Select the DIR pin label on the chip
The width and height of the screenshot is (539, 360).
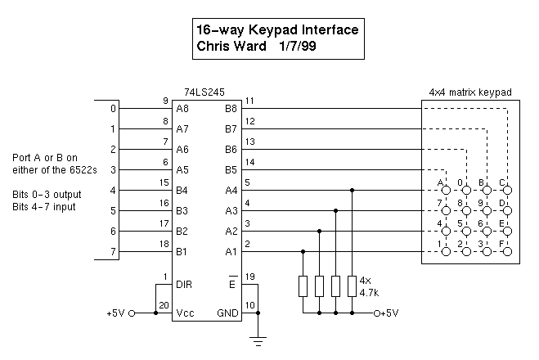(x=185, y=284)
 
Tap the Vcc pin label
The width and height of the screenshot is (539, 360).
(x=186, y=313)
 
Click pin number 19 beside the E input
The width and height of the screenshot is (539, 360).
(x=250, y=277)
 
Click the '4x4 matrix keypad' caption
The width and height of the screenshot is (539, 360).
(x=470, y=93)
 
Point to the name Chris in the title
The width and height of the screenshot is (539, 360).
(x=216, y=47)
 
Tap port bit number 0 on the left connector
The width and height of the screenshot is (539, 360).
(x=114, y=108)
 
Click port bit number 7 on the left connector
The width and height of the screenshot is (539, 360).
(x=114, y=251)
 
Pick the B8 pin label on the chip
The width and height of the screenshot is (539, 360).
(x=231, y=108)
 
